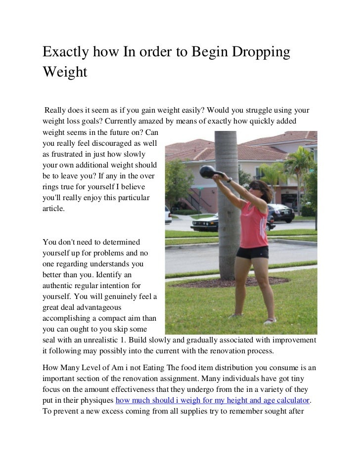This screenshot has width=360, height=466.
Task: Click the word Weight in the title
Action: click(x=65, y=72)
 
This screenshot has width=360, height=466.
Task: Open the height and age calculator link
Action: click(x=215, y=399)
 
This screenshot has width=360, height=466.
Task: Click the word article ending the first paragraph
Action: click(x=53, y=209)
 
